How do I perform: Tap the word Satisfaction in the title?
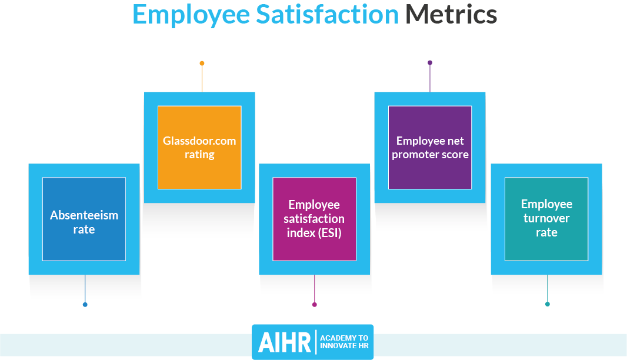click(327, 14)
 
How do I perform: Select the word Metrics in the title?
click(451, 14)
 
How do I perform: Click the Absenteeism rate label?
click(84, 222)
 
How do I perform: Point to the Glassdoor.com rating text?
click(199, 148)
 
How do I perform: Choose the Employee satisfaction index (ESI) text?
click(314, 219)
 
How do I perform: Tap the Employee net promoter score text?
click(430, 148)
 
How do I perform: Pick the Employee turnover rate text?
click(546, 218)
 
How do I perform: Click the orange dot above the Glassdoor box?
click(202, 63)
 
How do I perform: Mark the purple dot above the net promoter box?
click(430, 63)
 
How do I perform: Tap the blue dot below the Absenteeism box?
click(85, 305)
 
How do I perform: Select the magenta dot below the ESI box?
click(314, 305)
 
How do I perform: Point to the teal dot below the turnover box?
click(548, 304)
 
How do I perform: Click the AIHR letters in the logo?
click(284, 342)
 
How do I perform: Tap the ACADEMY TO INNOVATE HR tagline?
click(344, 342)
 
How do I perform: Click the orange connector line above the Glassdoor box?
click(202, 79)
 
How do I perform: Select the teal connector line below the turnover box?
click(548, 288)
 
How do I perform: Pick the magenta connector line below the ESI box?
click(314, 288)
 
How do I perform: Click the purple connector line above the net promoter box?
click(430, 78)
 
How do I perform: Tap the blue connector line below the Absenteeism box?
click(85, 288)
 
